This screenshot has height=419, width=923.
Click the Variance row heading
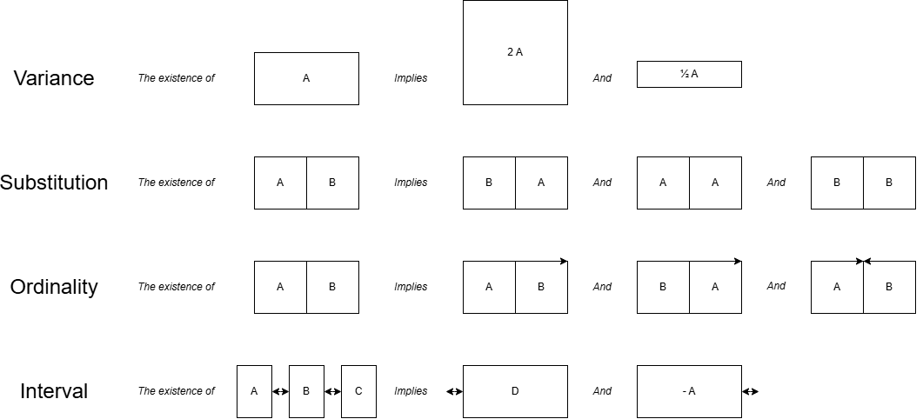pos(54,78)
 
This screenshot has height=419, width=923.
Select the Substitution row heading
pos(54,183)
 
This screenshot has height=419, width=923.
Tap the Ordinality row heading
pos(54,287)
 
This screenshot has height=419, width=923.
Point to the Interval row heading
pos(54,391)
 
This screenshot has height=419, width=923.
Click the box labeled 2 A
pos(515,52)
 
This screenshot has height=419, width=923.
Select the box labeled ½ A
pos(689,75)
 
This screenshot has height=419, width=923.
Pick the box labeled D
pos(515,391)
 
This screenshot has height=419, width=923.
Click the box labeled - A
pos(689,391)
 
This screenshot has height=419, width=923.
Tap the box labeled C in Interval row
pos(358,391)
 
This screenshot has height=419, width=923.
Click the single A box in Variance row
pos(306,78)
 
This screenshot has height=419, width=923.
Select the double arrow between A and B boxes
pos(280,391)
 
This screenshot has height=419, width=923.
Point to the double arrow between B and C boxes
pos(332,391)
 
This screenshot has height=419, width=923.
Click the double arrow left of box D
pos(454,391)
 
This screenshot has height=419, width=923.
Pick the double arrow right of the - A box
pos(750,391)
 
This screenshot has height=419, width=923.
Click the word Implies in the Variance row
pos(411,78)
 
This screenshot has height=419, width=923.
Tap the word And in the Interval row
pos(602,391)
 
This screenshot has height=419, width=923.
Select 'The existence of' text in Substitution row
pos(177,183)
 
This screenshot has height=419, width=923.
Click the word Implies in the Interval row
pos(411,391)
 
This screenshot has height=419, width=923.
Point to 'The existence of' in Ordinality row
pos(177,287)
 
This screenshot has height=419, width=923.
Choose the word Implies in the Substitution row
pos(411,183)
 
